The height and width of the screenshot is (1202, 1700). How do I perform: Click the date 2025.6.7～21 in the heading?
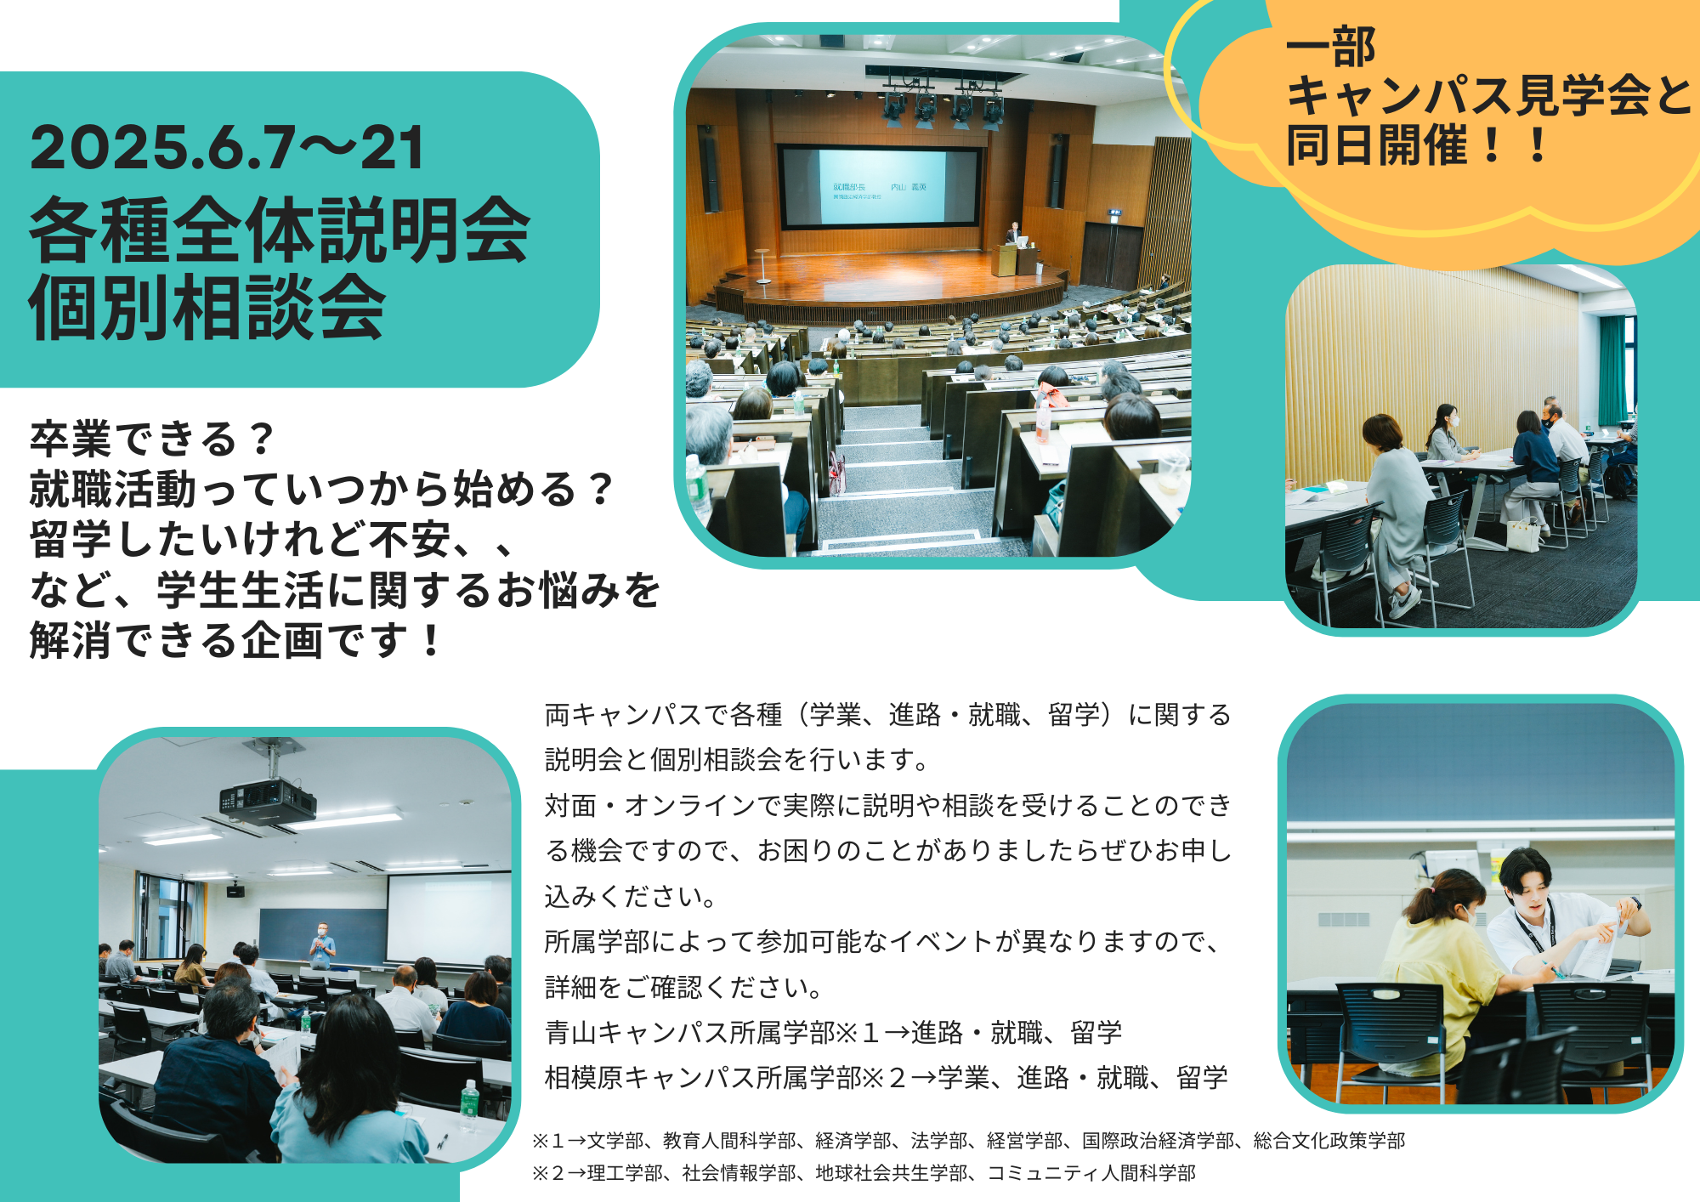(x=227, y=148)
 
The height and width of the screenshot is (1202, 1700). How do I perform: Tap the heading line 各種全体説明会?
(x=280, y=230)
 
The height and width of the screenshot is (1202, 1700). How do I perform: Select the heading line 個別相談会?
(x=207, y=307)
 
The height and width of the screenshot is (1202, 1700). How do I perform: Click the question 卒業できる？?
(x=152, y=439)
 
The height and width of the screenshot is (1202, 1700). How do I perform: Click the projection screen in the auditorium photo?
(x=881, y=188)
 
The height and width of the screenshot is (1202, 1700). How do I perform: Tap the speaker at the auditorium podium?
(x=1013, y=234)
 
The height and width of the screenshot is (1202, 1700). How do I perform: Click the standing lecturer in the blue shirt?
(x=322, y=945)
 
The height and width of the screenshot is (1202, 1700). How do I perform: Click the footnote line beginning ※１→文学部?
(x=968, y=1140)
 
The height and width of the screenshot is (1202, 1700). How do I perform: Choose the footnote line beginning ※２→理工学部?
(x=864, y=1173)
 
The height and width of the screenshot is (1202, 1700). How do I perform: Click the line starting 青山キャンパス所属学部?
(x=833, y=1032)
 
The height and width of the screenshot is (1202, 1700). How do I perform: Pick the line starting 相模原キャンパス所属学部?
(x=886, y=1077)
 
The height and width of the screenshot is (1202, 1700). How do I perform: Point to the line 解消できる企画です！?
(x=235, y=640)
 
